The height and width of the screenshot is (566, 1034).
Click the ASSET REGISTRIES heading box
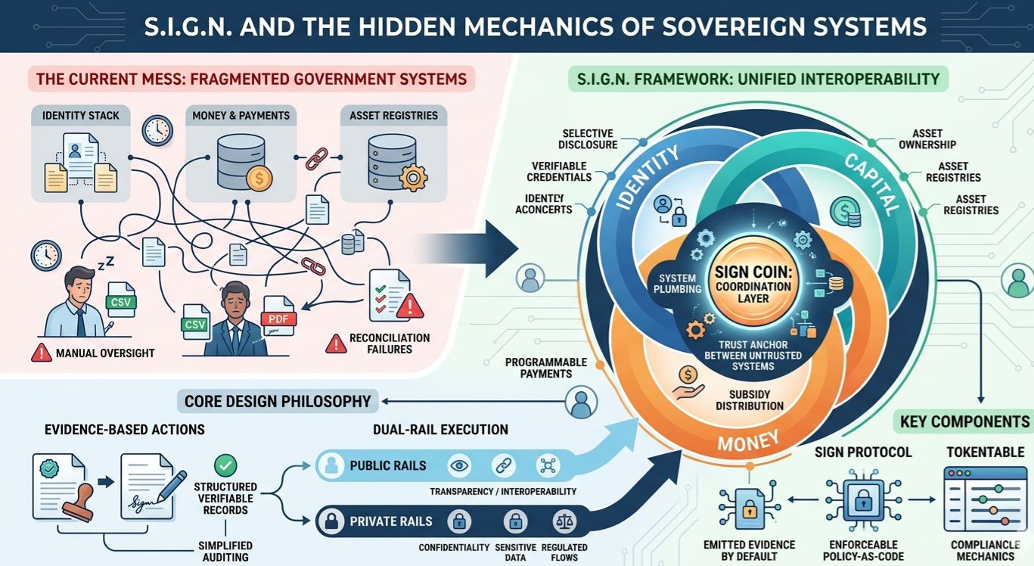(393, 116)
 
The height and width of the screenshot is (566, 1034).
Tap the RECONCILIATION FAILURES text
(389, 343)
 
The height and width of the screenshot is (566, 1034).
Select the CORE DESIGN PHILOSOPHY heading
(279, 400)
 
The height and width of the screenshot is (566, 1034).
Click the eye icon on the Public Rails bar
(458, 465)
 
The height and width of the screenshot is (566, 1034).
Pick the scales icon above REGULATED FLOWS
(563, 521)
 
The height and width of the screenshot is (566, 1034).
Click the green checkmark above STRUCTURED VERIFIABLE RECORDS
(225, 465)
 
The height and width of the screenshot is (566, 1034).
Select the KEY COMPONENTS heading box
(964, 421)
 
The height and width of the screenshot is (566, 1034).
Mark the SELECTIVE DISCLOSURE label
(588, 139)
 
